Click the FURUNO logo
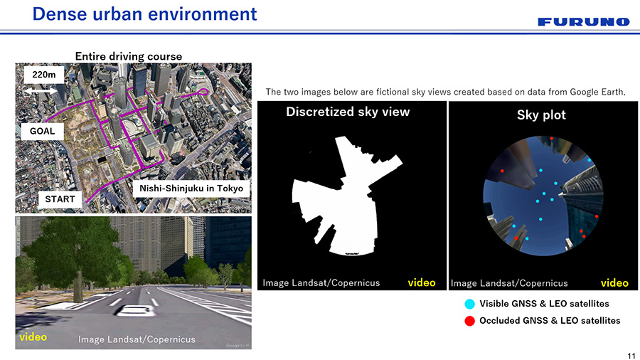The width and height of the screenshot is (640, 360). point(584,21)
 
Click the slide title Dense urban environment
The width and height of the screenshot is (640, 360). point(144,14)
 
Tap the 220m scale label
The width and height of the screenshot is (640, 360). point(43,74)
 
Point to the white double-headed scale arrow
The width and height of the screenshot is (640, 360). point(41,90)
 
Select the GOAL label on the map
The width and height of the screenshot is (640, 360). point(42,131)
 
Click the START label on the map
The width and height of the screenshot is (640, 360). point(60,199)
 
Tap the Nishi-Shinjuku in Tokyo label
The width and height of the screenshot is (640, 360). point(191,189)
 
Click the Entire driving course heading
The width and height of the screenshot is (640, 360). point(129,56)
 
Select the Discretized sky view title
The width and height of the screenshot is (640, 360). point(348,112)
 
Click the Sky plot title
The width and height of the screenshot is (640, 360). point(541,115)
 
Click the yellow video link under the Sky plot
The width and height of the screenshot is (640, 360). point(614,283)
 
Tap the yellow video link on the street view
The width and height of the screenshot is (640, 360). point(33,337)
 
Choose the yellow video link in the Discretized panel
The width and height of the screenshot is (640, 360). point(422,282)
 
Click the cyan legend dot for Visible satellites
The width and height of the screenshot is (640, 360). point(470,304)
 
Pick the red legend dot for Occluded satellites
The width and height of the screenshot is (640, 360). point(470,321)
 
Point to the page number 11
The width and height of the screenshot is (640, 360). point(631,356)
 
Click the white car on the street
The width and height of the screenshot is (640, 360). point(134,311)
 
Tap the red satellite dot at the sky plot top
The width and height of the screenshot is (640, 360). point(551,138)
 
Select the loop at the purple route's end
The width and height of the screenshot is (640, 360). point(203,92)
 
